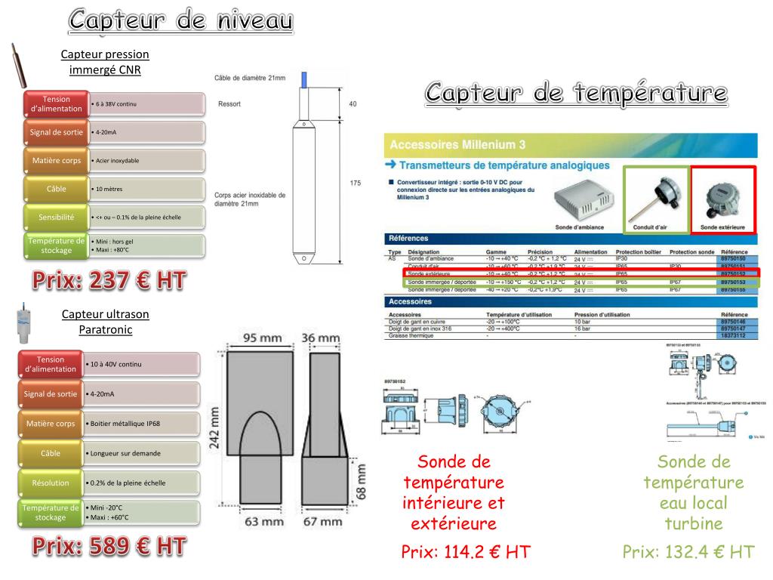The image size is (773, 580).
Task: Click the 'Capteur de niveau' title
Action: (180, 21)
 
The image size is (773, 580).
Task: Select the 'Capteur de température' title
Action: (576, 94)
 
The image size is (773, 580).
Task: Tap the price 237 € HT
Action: (109, 282)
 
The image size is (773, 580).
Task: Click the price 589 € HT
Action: (109, 547)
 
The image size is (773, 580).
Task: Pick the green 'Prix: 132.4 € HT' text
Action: (688, 552)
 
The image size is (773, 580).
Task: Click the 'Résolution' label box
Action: (51, 483)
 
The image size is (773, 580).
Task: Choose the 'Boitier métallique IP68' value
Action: (142, 424)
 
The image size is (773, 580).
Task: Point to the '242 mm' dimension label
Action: (214, 427)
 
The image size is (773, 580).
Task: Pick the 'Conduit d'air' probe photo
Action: (655, 197)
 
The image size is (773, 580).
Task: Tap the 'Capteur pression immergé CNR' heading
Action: (105, 62)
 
